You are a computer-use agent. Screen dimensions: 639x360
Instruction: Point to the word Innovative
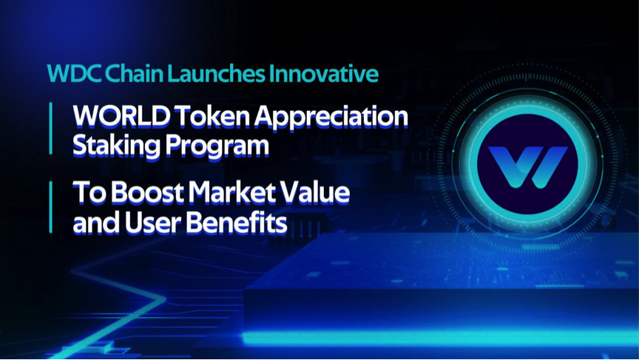324,74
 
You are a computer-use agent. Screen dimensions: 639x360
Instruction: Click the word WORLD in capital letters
121,117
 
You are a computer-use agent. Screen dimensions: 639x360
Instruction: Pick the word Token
212,117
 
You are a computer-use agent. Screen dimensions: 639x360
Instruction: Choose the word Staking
116,146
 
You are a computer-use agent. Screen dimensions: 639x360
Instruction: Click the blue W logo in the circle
528,167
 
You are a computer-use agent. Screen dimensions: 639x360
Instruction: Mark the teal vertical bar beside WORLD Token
50,129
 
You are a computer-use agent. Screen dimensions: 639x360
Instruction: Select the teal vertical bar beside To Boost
50,207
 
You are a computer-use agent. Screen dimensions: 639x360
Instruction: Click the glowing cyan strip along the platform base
441,339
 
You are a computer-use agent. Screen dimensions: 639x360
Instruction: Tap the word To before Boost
90,193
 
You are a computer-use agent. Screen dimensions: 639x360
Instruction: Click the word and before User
96,223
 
